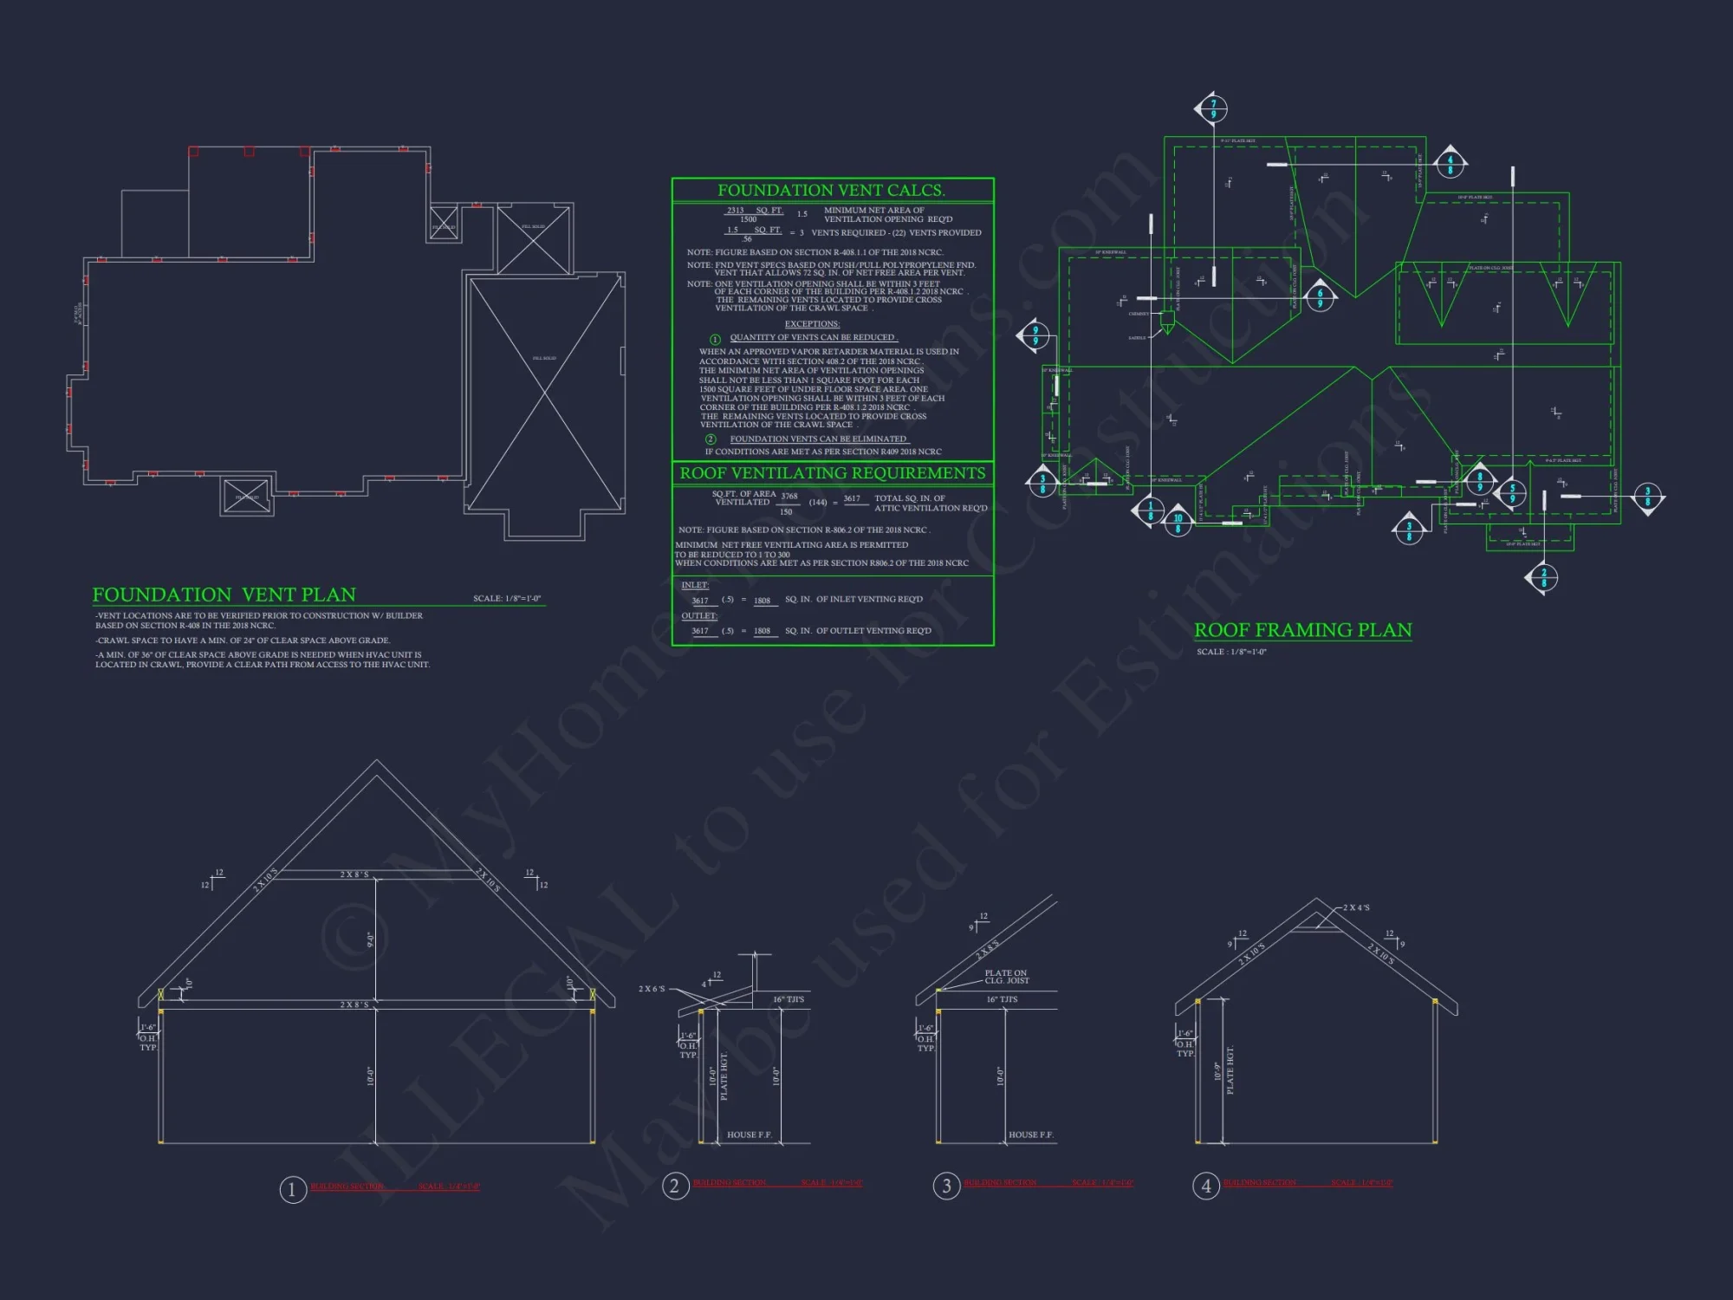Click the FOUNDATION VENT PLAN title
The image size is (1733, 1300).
224,595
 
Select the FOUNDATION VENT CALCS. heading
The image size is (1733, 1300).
830,191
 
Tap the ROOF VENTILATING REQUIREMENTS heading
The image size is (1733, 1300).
832,473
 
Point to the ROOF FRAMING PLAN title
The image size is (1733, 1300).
1302,630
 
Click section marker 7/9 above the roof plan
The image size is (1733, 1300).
1213,109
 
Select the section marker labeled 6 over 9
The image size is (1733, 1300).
1320,297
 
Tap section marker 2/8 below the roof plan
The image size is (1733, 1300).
1543,578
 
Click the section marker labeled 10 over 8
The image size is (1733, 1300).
1178,523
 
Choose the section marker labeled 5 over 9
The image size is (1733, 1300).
1512,493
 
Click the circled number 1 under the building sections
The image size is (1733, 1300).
292,1190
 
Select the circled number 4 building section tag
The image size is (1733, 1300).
1206,1186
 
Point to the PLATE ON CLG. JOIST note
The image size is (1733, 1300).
1006,977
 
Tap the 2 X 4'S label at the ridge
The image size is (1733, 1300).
1356,907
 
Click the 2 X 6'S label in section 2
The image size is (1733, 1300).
652,989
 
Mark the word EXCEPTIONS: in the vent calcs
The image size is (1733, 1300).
812,324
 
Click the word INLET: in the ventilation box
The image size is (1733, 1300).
694,585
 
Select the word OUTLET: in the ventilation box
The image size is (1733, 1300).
698,616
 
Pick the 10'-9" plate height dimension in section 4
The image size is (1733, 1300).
1217,1071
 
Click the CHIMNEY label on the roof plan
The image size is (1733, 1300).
1139,314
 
